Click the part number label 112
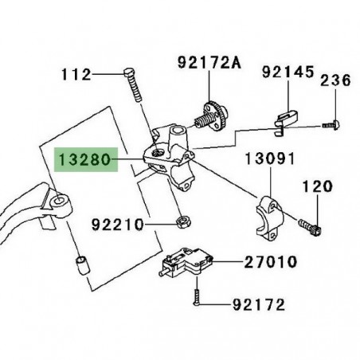76,75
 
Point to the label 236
336,80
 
